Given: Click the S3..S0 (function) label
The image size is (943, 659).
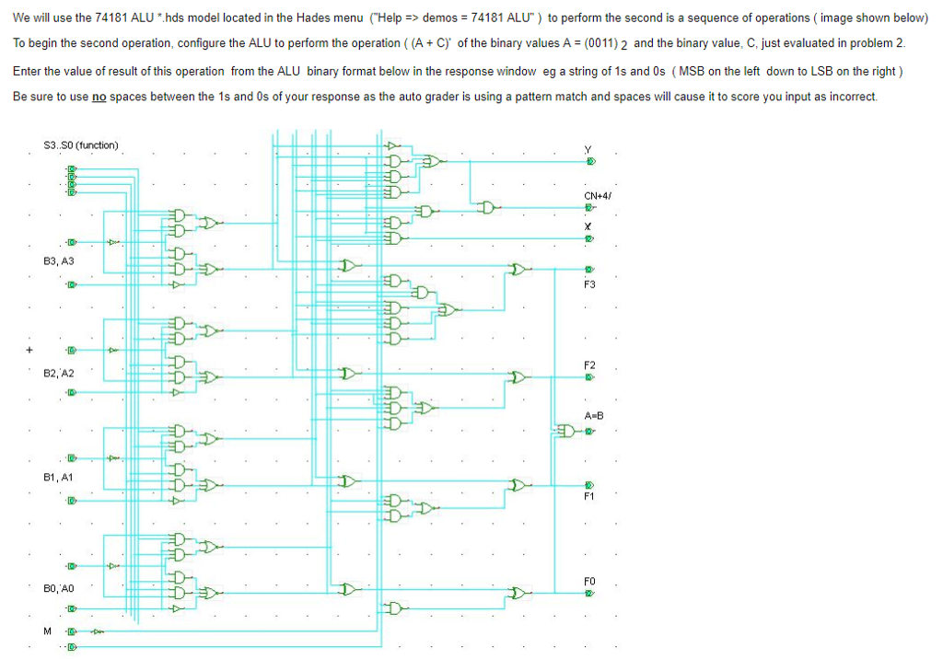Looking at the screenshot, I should pos(81,145).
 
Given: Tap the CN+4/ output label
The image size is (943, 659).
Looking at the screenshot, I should pos(598,195).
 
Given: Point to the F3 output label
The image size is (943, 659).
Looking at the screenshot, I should pos(589,284).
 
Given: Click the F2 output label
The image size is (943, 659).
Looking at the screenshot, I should pos(589,365).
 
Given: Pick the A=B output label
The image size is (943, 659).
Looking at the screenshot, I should pos(592,416).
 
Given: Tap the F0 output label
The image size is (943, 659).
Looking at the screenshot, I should pos(589,581).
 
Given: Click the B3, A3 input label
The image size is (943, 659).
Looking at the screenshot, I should pos(59,262).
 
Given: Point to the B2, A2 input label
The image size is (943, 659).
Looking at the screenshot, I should pos(59,374).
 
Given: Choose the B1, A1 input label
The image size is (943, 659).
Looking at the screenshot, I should pos(59,478).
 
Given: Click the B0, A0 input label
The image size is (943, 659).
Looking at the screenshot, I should pos(59,587).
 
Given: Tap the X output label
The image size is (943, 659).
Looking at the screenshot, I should pos(588,225).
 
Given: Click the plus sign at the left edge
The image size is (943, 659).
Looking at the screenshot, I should pos(29,350).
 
